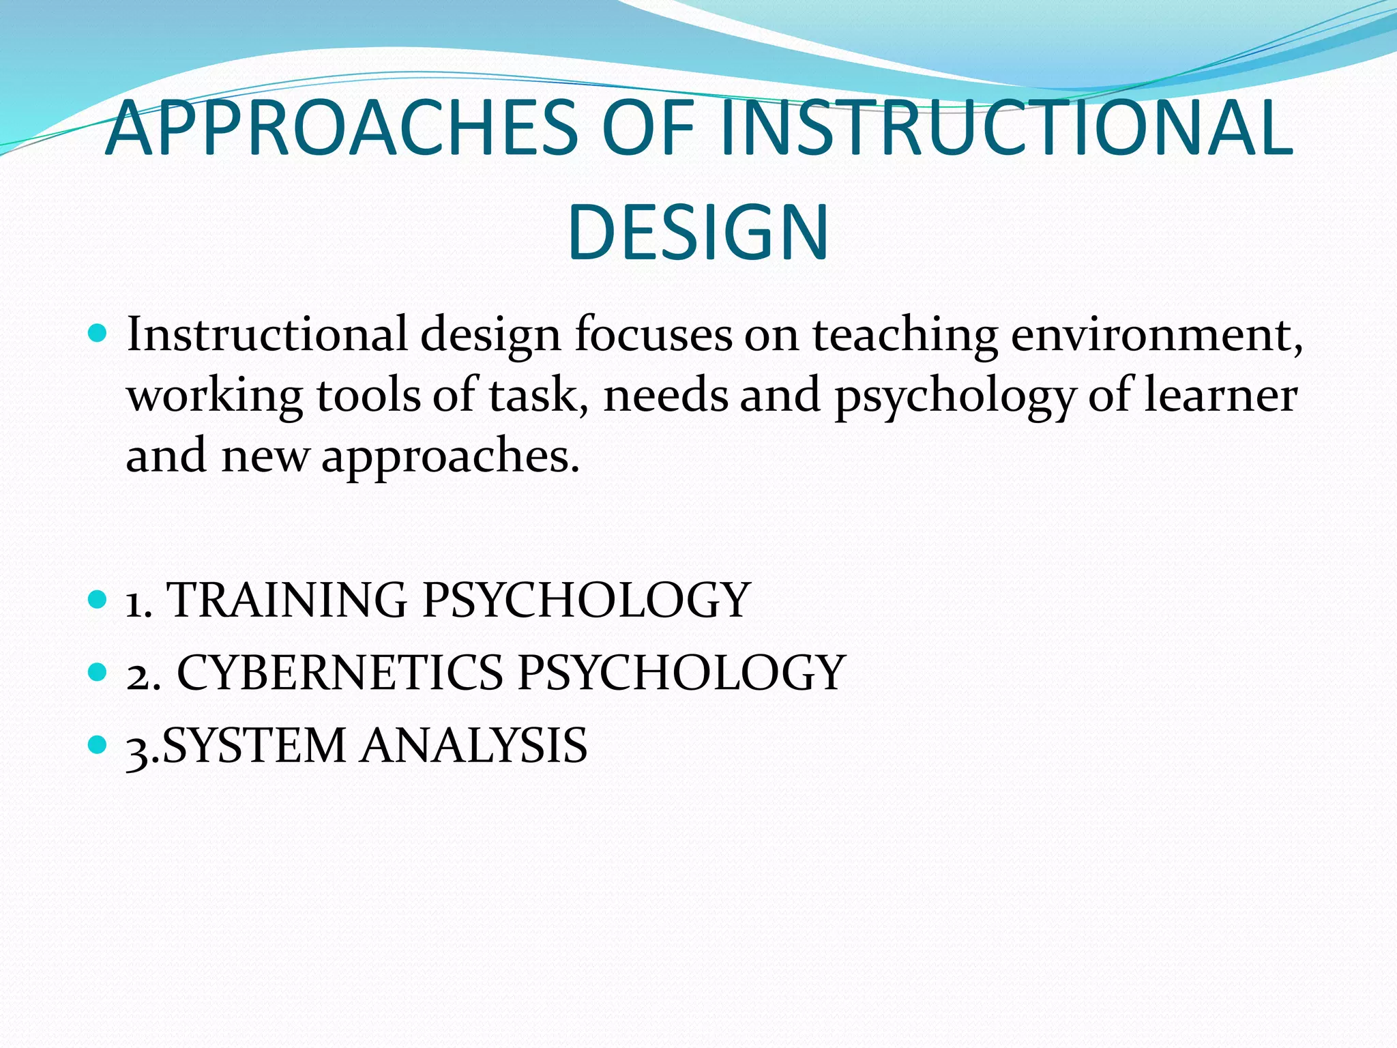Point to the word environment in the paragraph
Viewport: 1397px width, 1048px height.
tap(1156, 335)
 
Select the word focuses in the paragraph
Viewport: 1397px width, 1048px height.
tap(653, 335)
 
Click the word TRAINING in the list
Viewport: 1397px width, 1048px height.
tap(287, 600)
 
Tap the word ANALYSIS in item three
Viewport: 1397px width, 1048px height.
tap(474, 745)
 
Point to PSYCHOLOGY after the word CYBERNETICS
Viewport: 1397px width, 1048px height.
tap(681, 673)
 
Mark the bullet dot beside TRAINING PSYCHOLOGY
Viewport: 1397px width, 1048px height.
tap(98, 600)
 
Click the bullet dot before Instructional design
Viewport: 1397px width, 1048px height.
tap(98, 334)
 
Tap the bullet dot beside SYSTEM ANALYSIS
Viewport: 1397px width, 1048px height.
tap(98, 744)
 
